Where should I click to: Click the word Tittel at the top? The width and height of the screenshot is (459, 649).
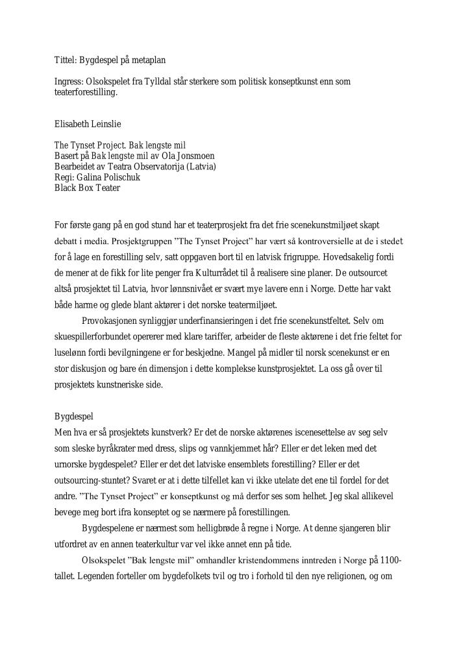tap(64, 60)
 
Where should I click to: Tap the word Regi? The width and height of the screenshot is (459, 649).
tap(64, 177)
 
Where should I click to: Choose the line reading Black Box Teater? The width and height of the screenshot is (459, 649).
tap(87, 188)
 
